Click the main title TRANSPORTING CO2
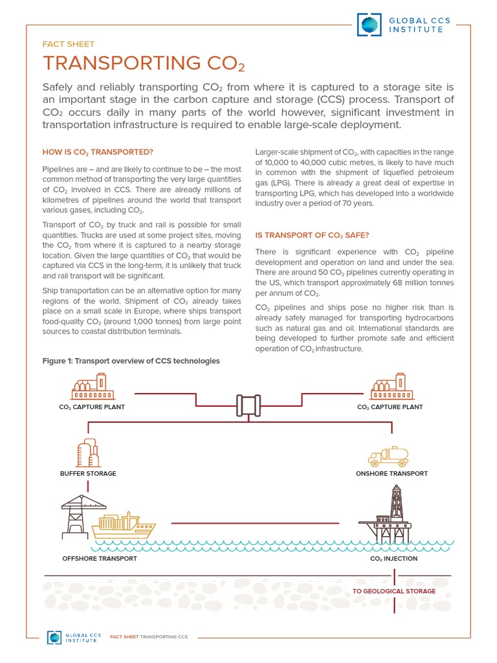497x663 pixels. (143, 63)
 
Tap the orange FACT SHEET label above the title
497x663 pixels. (68, 44)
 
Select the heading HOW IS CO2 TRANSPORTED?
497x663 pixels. (97, 152)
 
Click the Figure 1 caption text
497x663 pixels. (131, 361)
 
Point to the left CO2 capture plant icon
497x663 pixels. (92, 387)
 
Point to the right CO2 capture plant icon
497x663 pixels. (390, 387)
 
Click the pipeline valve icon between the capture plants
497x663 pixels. (248, 406)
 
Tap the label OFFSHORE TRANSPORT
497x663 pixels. (99, 558)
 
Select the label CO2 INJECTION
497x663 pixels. (393, 558)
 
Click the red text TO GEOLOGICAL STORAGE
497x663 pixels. (393, 591)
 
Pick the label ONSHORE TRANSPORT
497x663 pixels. (392, 473)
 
